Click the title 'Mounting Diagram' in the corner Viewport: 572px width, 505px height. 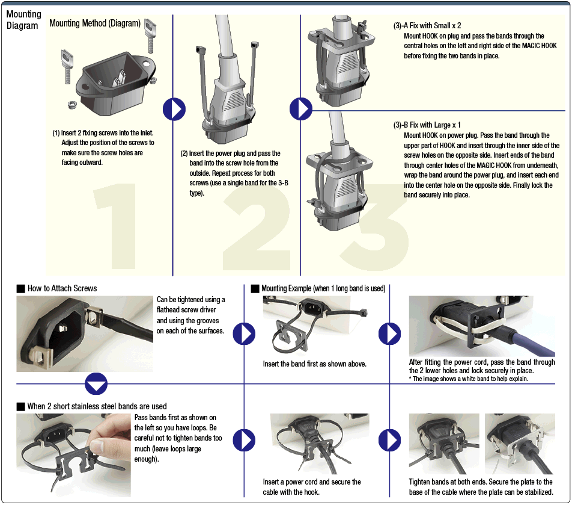(x=24, y=19)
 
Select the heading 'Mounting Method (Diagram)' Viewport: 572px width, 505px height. (x=95, y=23)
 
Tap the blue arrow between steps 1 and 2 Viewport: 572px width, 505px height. (x=174, y=109)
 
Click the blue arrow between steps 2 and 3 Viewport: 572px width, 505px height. (x=301, y=109)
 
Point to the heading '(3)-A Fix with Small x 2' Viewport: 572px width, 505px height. (x=427, y=26)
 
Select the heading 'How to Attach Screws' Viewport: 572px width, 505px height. (x=62, y=288)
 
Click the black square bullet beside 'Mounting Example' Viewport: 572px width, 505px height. (x=255, y=289)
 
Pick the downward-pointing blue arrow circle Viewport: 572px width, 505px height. (x=96, y=383)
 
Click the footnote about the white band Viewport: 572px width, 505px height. (x=469, y=379)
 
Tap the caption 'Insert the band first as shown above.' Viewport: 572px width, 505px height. (x=314, y=364)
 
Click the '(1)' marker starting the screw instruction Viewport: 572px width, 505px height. (x=56, y=133)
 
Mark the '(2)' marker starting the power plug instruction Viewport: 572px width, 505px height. (x=184, y=153)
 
